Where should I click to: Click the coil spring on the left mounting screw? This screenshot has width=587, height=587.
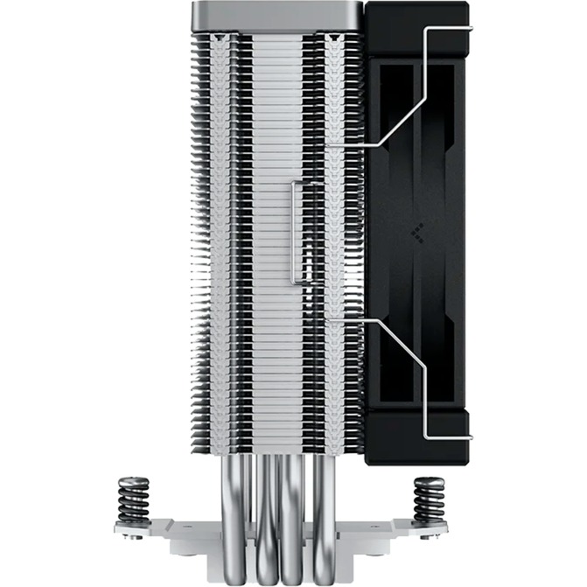(x=134, y=502)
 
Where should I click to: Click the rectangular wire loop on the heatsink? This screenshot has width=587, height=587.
(x=297, y=232)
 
